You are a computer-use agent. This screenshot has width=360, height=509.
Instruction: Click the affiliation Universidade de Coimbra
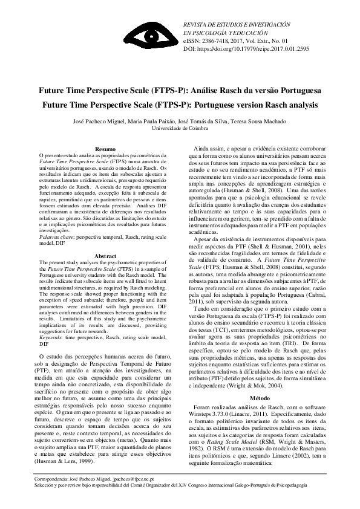tap(180, 128)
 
